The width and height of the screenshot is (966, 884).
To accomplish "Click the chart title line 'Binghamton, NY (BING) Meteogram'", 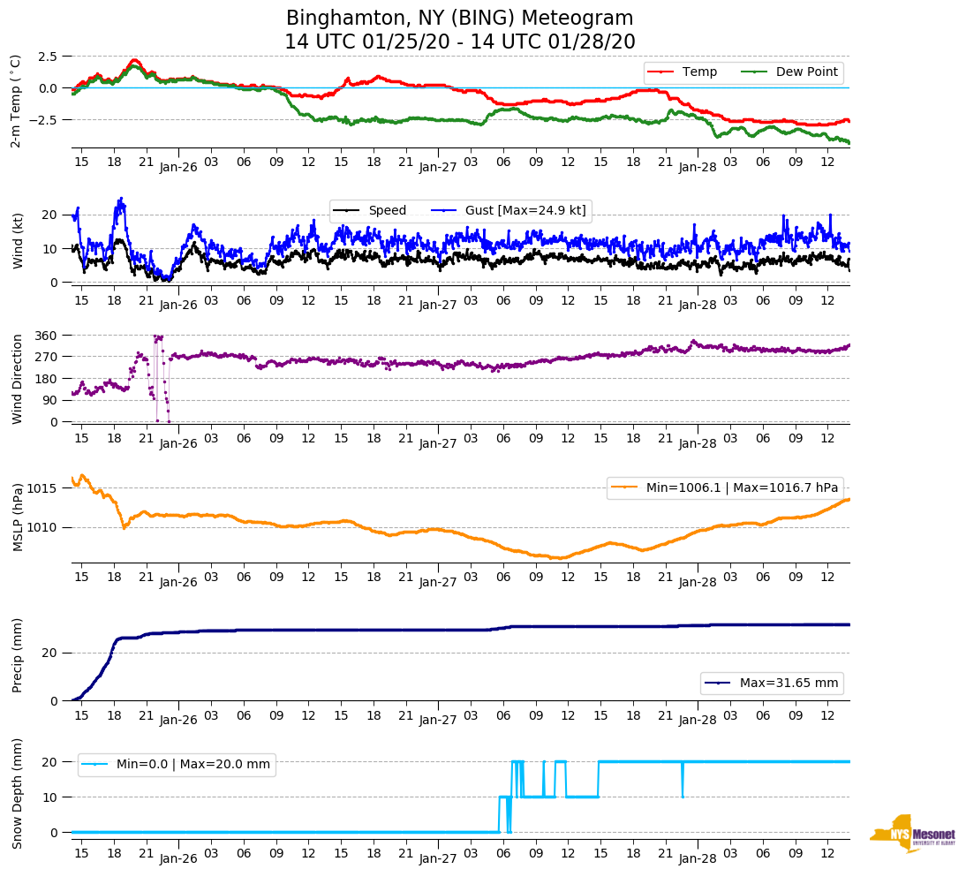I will coord(459,19).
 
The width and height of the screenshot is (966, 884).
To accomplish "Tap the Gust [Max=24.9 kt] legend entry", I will coord(525,210).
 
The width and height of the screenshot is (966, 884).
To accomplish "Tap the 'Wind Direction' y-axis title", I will coord(18,378).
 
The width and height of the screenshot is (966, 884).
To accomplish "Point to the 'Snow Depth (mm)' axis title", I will coord(18,793).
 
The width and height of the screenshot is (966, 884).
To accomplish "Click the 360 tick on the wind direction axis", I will coord(47,336).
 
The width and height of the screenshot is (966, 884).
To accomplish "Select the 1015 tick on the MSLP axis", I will coord(44,488).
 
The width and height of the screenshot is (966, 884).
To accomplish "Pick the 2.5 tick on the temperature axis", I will coord(48,56).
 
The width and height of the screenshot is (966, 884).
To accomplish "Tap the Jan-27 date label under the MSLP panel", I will coord(438,582).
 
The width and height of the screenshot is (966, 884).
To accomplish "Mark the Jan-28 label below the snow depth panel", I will coord(697,859).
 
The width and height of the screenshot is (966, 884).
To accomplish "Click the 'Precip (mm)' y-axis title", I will coord(18,660).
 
